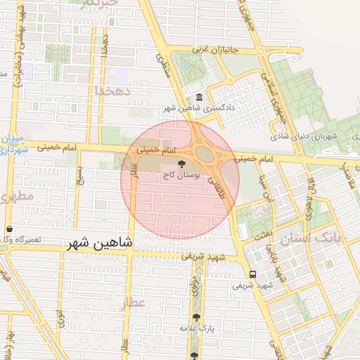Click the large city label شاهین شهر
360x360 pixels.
100,244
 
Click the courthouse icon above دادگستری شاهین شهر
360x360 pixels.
200,98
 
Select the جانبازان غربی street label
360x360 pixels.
212,50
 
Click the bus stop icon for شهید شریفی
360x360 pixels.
252,274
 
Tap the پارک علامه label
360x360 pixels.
196,328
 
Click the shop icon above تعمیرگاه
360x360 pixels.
9,229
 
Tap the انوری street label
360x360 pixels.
60,319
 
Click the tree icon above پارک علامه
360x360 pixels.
196,317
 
